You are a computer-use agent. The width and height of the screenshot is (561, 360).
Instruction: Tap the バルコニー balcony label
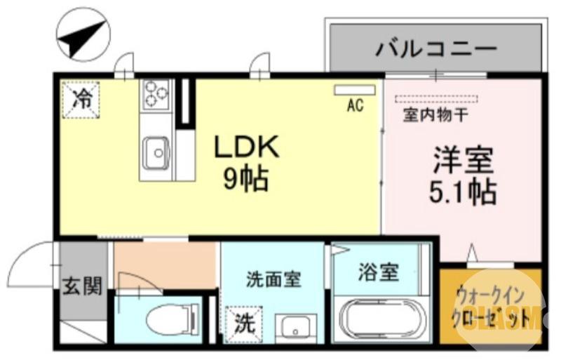click(435, 49)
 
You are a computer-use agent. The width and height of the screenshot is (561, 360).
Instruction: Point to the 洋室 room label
click(463, 161)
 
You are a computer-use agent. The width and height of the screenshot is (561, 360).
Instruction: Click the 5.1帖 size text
click(463, 190)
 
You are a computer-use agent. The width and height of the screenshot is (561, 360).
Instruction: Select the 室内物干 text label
click(431, 112)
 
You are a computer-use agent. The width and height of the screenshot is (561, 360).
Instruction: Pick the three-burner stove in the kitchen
click(156, 94)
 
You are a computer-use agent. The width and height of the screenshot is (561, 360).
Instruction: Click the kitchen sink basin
click(156, 150)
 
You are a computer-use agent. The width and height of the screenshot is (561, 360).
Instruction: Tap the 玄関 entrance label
click(83, 286)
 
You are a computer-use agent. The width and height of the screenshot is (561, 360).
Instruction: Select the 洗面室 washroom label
click(273, 279)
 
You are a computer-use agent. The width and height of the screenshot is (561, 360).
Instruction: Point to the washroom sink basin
click(290, 327)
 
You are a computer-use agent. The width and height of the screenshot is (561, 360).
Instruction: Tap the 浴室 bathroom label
click(379, 272)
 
